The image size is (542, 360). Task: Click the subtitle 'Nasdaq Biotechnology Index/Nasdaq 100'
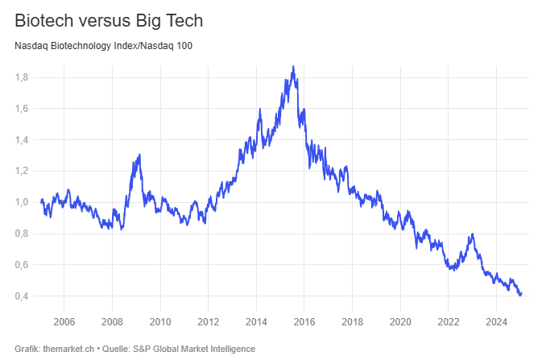coord(103,45)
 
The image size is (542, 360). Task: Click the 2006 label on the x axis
coord(64,322)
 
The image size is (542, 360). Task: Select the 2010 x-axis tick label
coord(160,322)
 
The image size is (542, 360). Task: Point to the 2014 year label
coord(256,322)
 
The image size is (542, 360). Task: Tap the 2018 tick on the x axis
coord(352,322)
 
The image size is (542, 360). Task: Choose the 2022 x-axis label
coord(449,322)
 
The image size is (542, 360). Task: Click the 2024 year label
coord(496,322)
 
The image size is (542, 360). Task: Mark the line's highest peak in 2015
coord(293,67)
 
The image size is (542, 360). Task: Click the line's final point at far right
coord(521,293)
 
